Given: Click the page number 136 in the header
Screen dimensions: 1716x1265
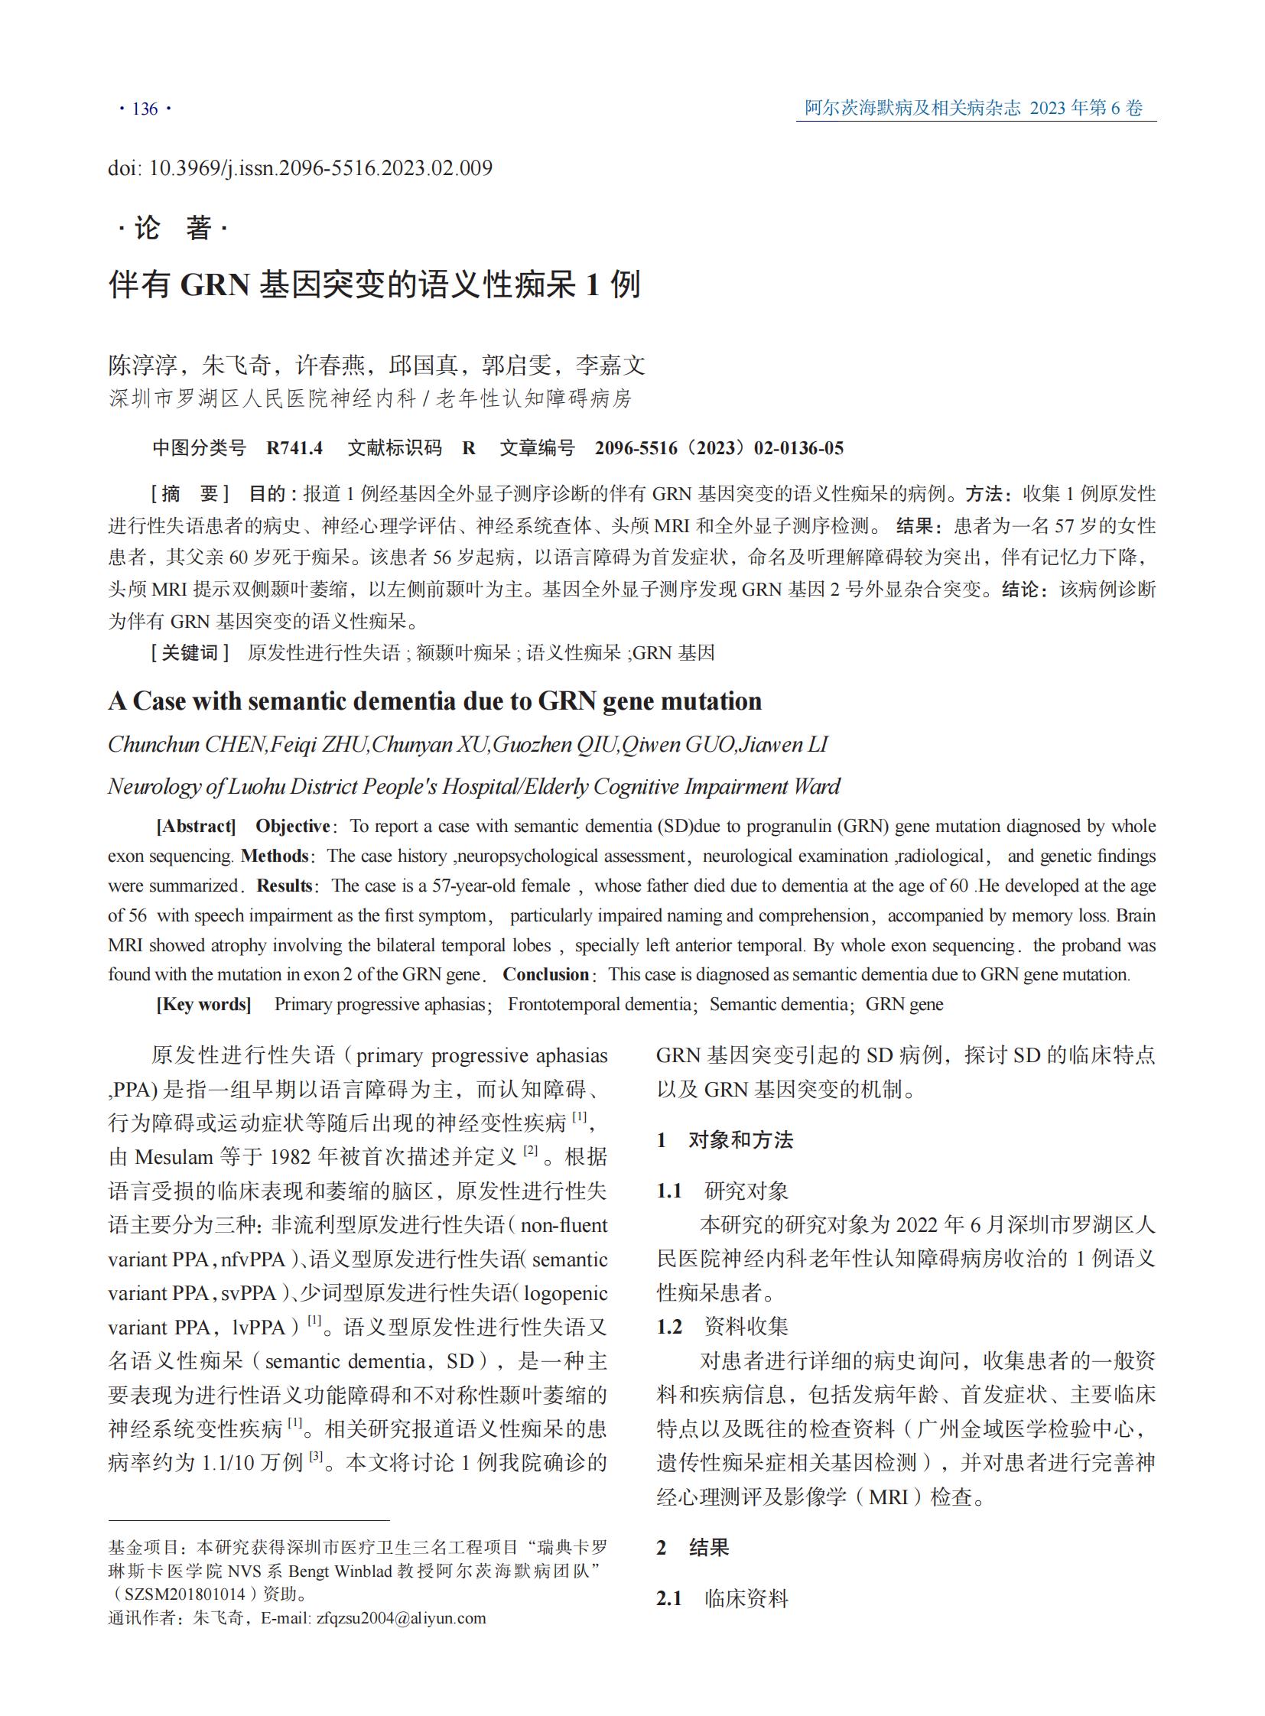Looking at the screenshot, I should click(x=145, y=109).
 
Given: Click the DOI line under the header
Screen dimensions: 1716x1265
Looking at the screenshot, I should click(x=300, y=167).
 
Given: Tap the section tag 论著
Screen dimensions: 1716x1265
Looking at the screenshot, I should click(x=173, y=228).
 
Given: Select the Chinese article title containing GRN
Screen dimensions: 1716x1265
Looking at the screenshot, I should click(x=375, y=284).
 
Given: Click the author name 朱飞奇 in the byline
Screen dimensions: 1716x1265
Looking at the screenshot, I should click(x=236, y=366).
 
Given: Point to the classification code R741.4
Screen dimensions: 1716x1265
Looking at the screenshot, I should click(x=294, y=448).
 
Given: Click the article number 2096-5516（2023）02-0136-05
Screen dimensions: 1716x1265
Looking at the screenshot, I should click(x=719, y=448).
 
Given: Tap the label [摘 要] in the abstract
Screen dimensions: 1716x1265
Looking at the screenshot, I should click(x=190, y=494).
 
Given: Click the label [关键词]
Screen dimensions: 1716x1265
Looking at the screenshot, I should click(x=190, y=652).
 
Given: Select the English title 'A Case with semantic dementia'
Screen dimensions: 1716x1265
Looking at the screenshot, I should click(x=434, y=700).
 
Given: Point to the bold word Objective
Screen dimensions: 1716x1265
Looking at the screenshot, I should click(x=292, y=826).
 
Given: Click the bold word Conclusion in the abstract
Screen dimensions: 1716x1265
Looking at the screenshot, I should click(x=545, y=974).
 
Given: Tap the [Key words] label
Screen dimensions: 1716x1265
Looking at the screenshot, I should click(x=203, y=1004).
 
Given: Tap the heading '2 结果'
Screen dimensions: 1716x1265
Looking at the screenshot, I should click(x=692, y=1547).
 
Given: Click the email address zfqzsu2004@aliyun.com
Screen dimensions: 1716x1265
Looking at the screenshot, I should click(x=401, y=1618).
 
